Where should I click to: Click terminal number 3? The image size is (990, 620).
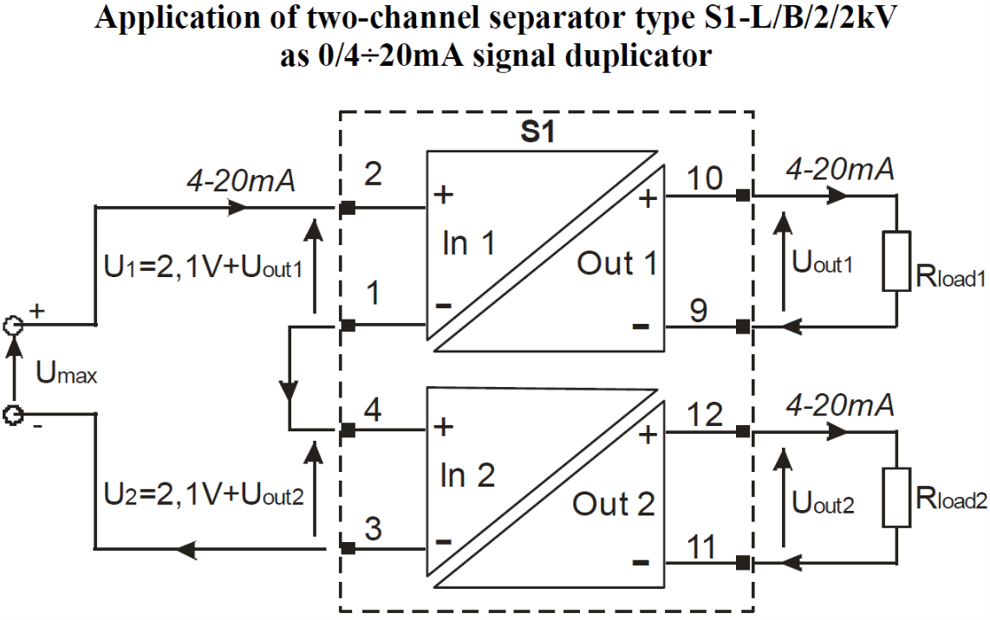point(375,528)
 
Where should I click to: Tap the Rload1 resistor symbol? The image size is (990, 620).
point(896,261)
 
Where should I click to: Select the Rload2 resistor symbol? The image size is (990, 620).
point(896,498)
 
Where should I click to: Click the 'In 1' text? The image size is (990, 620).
point(469,243)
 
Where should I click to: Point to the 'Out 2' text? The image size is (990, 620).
point(614,503)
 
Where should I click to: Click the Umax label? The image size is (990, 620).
point(66,375)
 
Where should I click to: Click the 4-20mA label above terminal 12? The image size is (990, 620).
point(839,405)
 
